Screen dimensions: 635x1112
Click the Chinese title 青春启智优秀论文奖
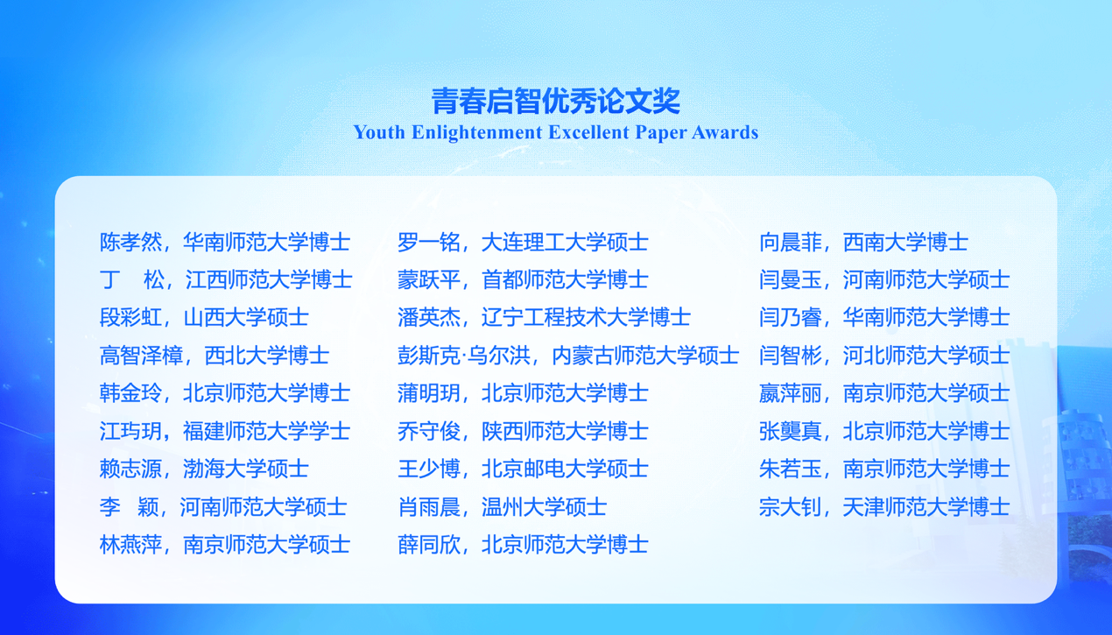pos(555,101)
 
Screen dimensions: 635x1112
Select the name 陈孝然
pos(130,243)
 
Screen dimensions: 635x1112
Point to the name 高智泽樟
pos(141,356)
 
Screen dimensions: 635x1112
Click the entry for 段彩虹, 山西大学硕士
pos(203,317)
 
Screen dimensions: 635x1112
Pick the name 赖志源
pos(130,469)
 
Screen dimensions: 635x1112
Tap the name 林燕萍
pos(130,545)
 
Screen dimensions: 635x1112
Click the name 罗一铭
pos(428,243)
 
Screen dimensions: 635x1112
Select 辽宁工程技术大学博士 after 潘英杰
pos(586,317)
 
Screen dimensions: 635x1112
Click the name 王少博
pos(428,469)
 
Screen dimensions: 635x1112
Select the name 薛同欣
pos(428,545)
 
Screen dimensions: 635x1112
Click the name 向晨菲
pos(790,243)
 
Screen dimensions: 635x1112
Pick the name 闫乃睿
pos(790,317)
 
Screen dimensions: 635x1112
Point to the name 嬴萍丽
pos(790,393)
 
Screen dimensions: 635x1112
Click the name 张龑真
pos(790,431)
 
